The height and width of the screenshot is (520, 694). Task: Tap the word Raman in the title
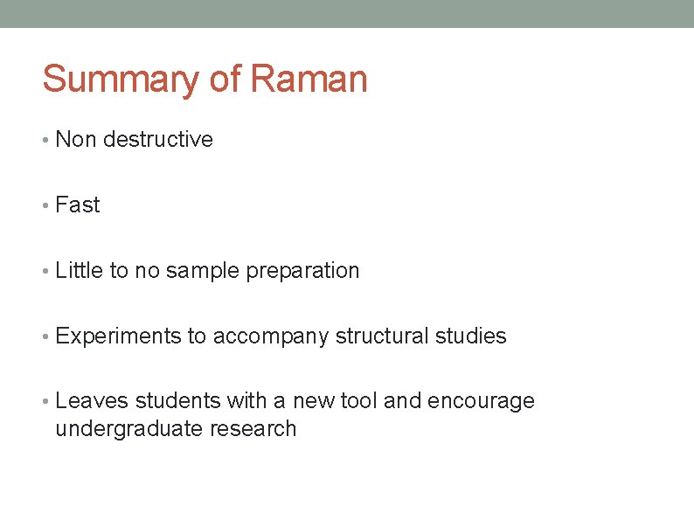click(x=309, y=79)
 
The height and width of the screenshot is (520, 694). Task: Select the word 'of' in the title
click(x=226, y=79)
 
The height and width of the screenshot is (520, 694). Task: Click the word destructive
click(x=157, y=140)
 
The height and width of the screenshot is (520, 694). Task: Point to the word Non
click(x=76, y=140)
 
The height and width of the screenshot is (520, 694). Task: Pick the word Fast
click(x=78, y=205)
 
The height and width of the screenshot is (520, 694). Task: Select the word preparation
click(x=302, y=271)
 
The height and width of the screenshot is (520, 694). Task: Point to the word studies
click(x=470, y=336)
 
